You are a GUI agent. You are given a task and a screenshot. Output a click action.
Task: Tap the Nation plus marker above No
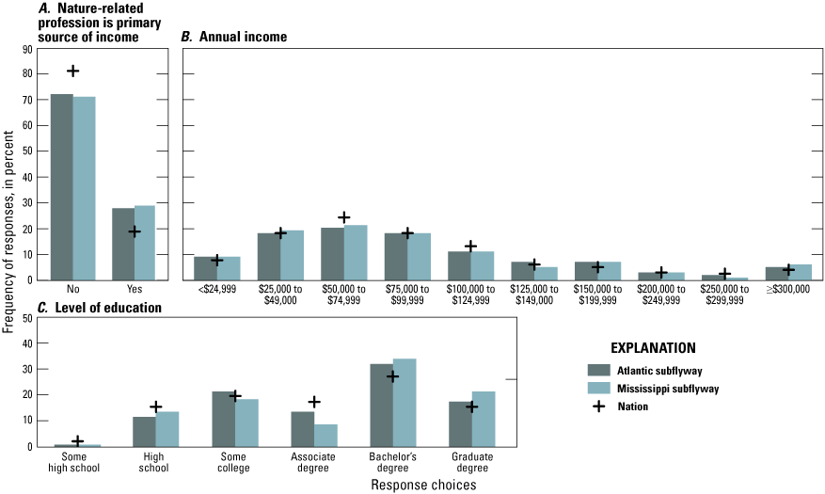pos(72,71)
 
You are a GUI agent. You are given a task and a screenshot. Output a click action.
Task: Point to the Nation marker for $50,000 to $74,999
pos(344,217)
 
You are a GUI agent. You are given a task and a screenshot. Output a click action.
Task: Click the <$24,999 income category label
pos(217,290)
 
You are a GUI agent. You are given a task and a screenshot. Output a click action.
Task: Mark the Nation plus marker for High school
pos(155,406)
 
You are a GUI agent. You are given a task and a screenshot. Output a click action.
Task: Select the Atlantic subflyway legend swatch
pos(599,369)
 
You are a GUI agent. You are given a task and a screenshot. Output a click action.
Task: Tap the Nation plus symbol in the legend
pos(599,406)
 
